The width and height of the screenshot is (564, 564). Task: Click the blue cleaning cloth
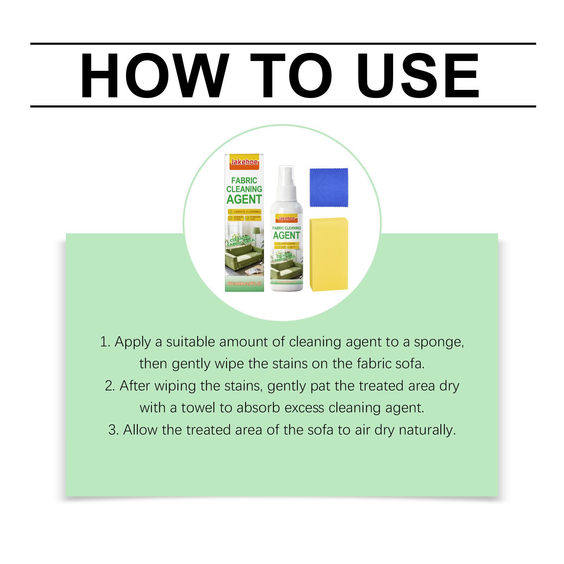pyautogui.click(x=329, y=188)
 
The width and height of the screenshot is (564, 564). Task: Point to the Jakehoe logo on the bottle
pyautogui.click(x=286, y=218)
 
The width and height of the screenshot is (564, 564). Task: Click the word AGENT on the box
pyautogui.click(x=244, y=199)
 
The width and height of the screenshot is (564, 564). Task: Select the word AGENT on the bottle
pyautogui.click(x=286, y=235)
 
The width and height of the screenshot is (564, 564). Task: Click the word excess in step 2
pyautogui.click(x=304, y=408)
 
